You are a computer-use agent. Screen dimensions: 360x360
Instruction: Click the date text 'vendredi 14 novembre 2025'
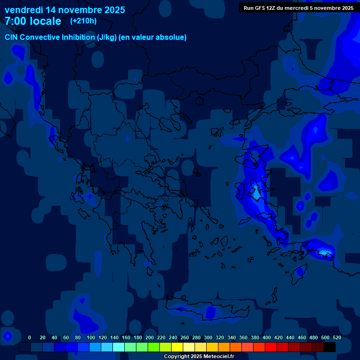coord(65,10)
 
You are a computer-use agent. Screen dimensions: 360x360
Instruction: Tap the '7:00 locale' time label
coord(33,21)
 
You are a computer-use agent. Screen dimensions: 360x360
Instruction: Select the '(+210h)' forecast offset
coord(83,21)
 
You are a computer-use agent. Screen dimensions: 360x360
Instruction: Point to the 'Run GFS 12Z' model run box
coord(298,8)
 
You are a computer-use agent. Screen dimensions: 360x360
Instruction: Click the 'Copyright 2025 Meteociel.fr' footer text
coord(199,357)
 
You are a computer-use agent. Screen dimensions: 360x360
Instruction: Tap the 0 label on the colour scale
coord(30,337)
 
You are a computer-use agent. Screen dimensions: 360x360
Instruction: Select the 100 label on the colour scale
coord(91,337)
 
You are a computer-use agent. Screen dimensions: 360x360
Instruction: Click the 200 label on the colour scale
coord(150,337)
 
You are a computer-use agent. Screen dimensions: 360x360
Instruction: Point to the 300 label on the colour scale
coord(208,337)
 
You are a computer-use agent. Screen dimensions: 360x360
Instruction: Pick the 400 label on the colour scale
coord(267,337)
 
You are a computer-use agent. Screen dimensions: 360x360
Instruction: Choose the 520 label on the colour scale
coord(337,337)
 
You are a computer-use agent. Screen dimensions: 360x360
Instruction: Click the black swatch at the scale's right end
coord(330,347)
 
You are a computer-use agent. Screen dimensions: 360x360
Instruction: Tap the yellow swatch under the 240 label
coord(177,347)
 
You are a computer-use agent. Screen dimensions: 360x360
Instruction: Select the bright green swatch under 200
coord(154,347)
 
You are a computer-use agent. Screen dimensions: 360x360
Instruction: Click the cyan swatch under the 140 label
coord(119,347)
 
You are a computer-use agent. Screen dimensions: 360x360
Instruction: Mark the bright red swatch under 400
coord(271,347)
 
